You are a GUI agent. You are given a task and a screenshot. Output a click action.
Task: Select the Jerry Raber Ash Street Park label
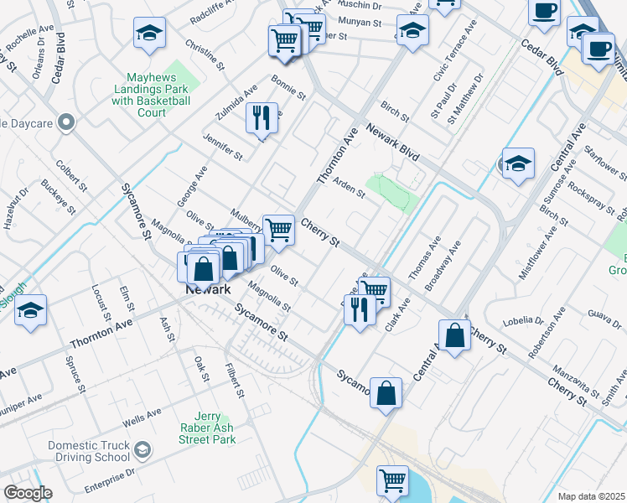[x=207, y=428]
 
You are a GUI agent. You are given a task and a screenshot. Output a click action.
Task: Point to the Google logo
[x=28, y=493]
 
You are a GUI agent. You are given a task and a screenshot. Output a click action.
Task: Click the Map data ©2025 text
[x=592, y=496]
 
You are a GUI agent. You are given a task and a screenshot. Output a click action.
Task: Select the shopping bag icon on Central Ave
[x=453, y=335]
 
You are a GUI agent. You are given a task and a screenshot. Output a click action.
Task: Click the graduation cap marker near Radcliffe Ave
[x=149, y=33]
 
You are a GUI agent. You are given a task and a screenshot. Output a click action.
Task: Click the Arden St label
[x=350, y=189]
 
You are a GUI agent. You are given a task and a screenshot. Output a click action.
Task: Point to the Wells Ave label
[x=142, y=414]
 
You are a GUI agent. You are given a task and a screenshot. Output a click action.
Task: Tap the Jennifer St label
[x=222, y=144]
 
